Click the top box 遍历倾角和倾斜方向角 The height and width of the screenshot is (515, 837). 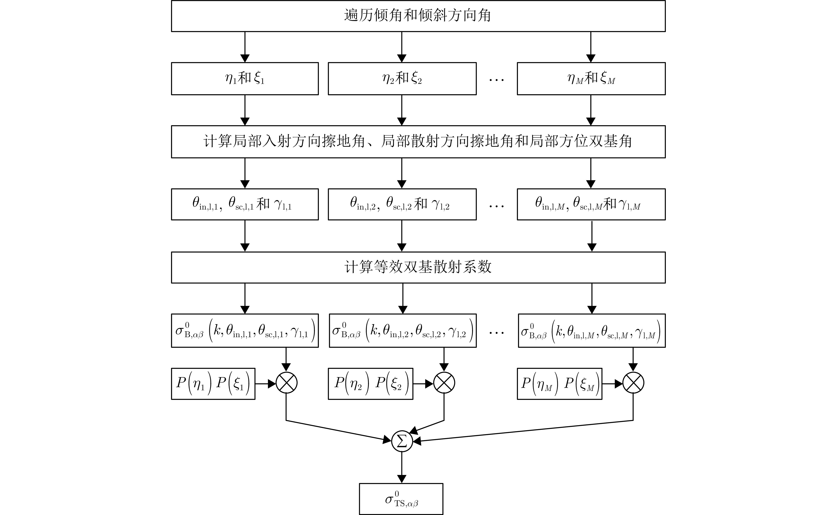point(418,16)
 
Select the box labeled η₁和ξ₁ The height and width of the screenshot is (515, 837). point(245,79)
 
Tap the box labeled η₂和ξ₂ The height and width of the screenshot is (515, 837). point(402,79)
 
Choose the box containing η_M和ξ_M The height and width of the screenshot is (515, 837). point(591,79)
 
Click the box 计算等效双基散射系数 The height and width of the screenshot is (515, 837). point(418,267)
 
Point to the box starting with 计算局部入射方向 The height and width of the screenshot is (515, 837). point(418,142)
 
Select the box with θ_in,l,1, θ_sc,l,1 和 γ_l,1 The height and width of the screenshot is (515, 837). point(245,204)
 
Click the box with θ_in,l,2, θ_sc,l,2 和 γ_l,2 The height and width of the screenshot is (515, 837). point(402,204)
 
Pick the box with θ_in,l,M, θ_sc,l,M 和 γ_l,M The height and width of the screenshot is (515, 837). point(591,204)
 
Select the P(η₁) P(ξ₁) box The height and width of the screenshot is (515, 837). point(213,384)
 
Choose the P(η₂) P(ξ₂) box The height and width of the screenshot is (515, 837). point(370,384)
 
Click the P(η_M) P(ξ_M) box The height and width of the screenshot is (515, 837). point(560,384)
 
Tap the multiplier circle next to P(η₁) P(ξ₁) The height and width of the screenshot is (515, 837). point(286,383)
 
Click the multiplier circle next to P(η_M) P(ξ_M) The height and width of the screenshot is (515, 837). point(633,383)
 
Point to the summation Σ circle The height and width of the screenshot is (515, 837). point(402,441)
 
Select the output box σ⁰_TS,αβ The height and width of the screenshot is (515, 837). point(401,499)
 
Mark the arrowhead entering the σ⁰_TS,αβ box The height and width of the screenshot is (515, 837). point(402,479)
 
